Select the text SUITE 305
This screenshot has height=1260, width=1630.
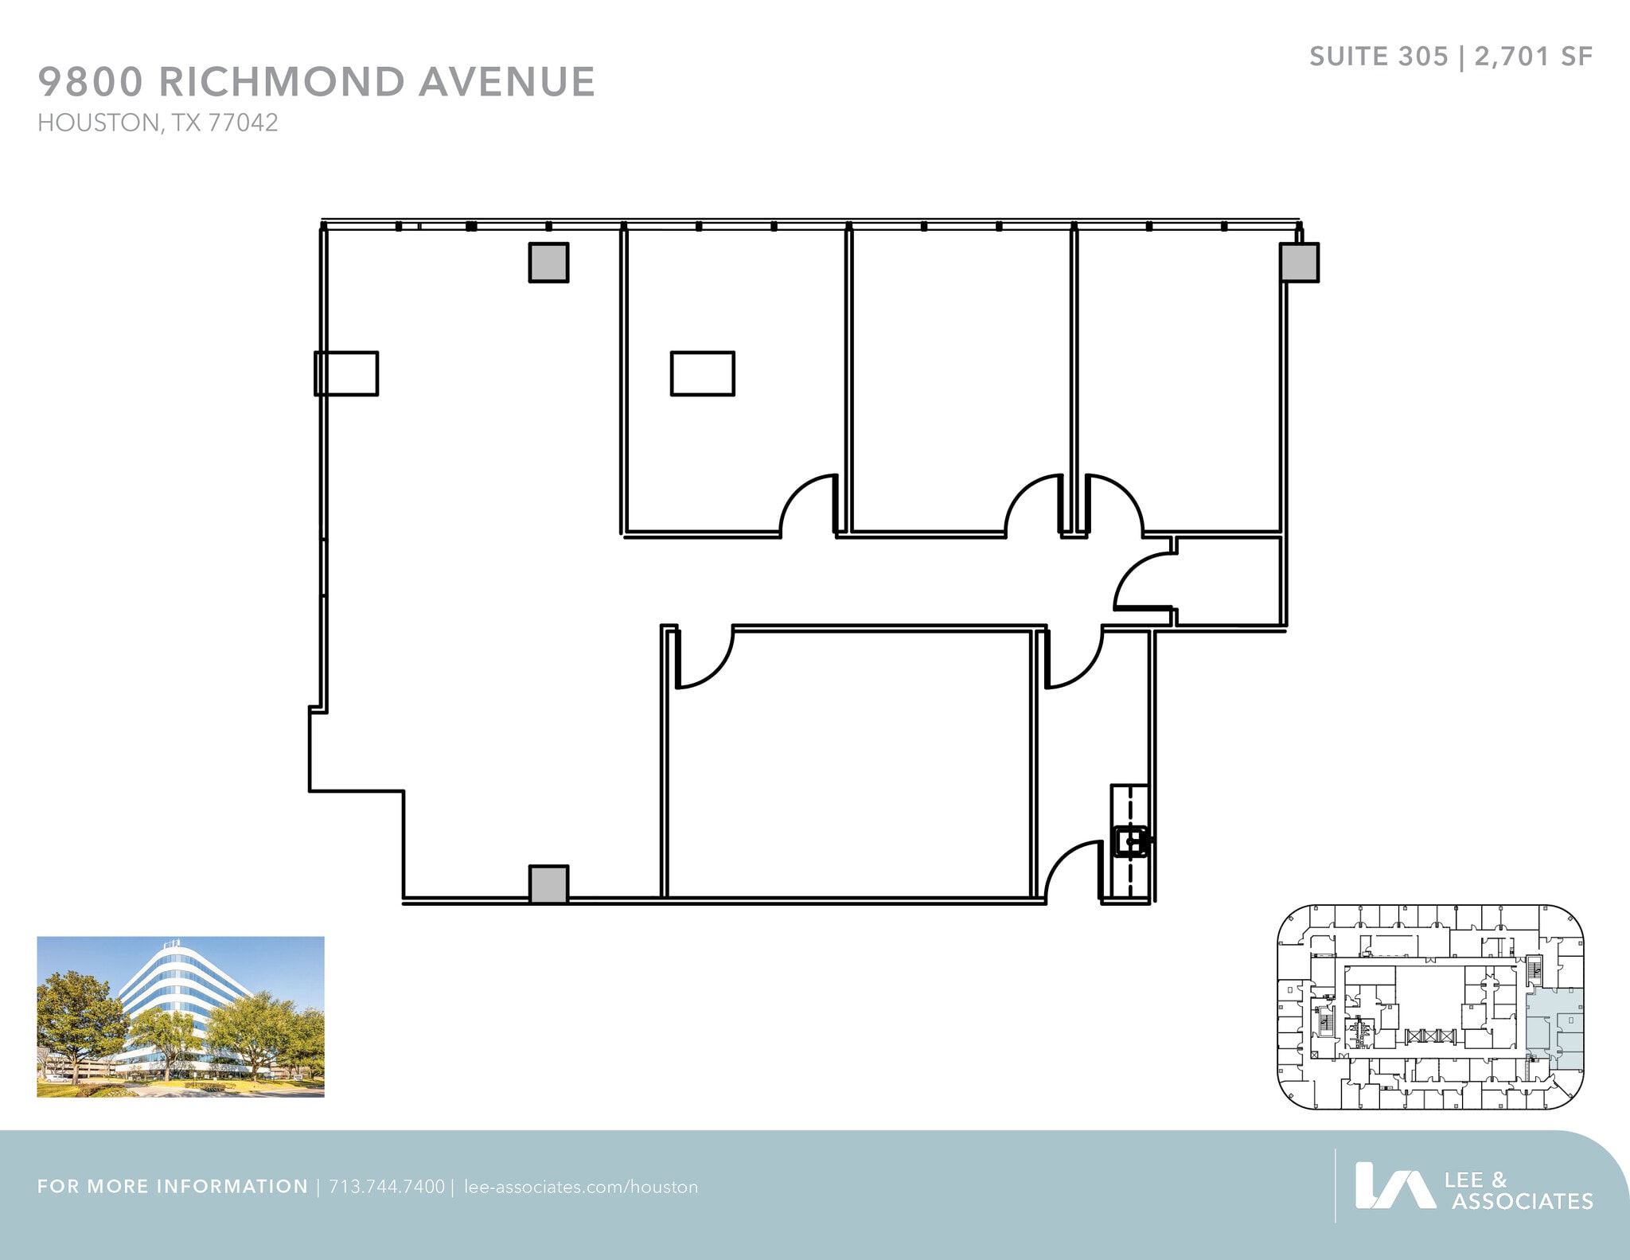pos(1378,57)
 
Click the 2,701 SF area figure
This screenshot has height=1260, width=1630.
pos(1533,57)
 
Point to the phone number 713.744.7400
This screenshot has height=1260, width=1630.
pos(386,1187)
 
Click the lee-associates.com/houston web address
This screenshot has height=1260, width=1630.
pos(580,1187)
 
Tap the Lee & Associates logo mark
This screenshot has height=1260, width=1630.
pos(1394,1187)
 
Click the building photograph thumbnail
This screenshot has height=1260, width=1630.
pos(181,1016)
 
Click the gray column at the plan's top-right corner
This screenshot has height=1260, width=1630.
pos(1299,262)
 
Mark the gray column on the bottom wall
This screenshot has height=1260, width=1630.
pos(548,884)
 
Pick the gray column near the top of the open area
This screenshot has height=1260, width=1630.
pos(548,263)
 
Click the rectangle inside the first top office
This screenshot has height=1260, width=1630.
pos(702,373)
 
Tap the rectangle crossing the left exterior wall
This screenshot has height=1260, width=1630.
pos(346,373)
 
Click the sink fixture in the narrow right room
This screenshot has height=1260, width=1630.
pos(1129,841)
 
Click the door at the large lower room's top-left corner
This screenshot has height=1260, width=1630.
pos(704,657)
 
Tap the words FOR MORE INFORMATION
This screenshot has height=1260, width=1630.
pos(173,1187)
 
